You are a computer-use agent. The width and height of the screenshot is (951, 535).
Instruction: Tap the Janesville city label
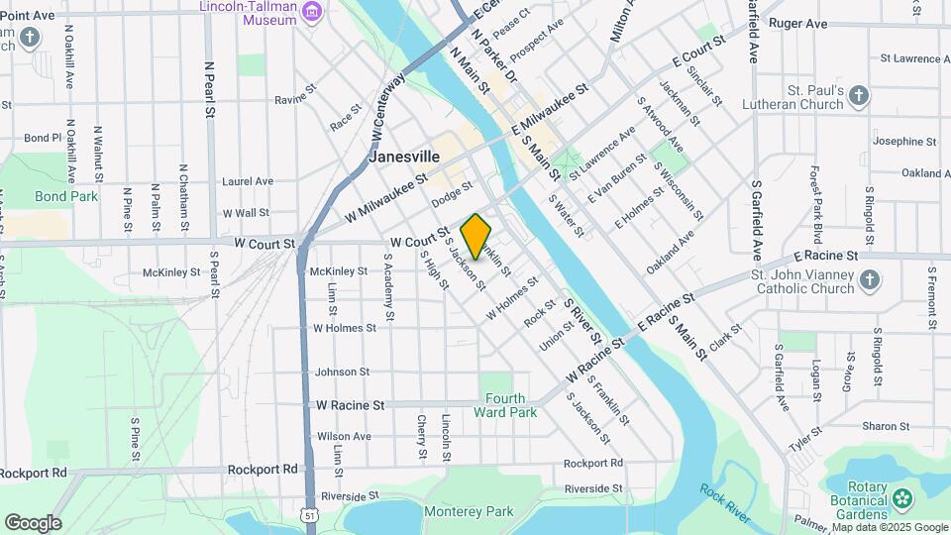click(x=403, y=157)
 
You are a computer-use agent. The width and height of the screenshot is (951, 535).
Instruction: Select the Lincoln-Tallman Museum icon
click(x=314, y=12)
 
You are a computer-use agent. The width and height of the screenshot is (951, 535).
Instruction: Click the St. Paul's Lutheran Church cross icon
click(x=859, y=96)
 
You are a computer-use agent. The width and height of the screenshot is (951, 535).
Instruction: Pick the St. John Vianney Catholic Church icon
click(x=869, y=280)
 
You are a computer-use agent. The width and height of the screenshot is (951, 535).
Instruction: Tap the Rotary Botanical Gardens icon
click(x=901, y=497)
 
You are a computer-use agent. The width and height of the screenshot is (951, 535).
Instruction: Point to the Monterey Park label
click(x=469, y=511)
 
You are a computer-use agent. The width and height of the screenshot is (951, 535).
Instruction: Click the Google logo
click(x=33, y=522)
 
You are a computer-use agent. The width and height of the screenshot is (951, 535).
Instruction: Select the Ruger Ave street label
click(x=797, y=23)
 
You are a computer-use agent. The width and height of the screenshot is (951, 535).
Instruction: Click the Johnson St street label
click(x=342, y=373)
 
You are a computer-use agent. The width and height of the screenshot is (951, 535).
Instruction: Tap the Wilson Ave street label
click(x=344, y=436)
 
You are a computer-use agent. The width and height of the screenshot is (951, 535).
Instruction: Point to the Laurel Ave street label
click(x=248, y=181)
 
